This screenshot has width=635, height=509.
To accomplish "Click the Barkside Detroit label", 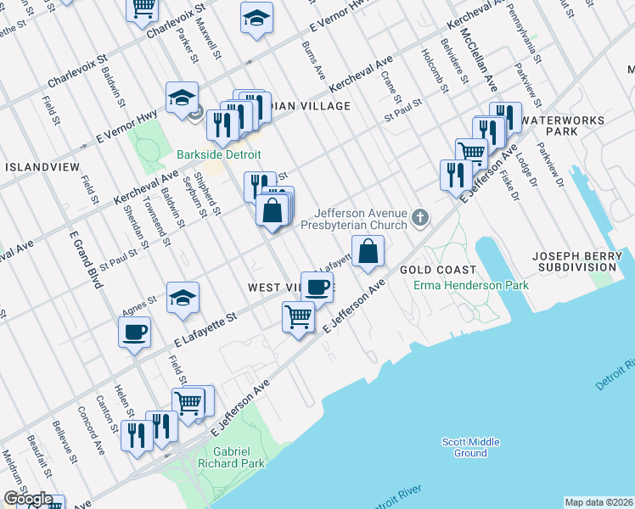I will [218, 155].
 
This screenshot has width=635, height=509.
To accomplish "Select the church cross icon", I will [419, 219].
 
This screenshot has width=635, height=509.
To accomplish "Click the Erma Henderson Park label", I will [471, 285].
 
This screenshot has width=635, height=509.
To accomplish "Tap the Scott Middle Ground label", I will [470, 447].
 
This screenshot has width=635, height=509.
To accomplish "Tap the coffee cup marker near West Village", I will [317, 288].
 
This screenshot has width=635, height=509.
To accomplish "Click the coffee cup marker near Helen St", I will [135, 332].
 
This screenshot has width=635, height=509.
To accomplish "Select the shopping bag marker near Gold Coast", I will [368, 251].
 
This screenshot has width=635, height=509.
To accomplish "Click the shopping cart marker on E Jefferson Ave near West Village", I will [299, 317].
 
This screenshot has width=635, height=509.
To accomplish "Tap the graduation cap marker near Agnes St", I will [183, 298].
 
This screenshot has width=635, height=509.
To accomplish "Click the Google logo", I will [28, 500].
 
